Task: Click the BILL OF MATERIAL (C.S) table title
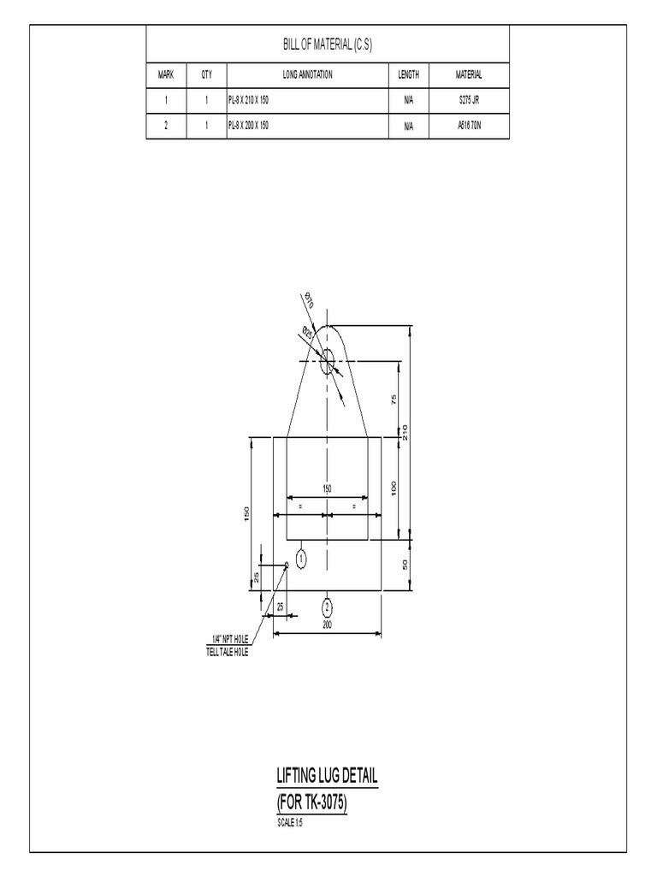tap(328, 44)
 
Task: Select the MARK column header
tap(166, 74)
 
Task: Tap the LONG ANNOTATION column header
tap(307, 74)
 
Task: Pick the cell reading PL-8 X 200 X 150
tap(250, 126)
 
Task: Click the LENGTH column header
tap(408, 74)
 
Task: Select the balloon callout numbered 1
tap(300, 558)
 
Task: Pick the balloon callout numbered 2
tap(327, 607)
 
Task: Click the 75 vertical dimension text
tap(394, 400)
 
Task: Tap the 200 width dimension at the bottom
tap(327, 625)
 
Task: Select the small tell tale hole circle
tap(287, 565)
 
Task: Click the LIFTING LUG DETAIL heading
tap(327, 777)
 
